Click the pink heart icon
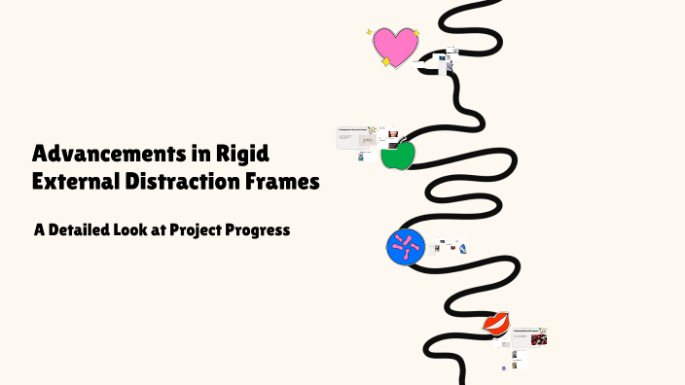(x=394, y=46)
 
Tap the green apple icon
(x=397, y=156)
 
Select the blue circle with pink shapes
(x=406, y=247)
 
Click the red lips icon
(x=496, y=323)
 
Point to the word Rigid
(x=244, y=154)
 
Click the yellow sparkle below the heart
(x=386, y=62)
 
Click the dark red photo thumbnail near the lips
(x=539, y=339)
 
